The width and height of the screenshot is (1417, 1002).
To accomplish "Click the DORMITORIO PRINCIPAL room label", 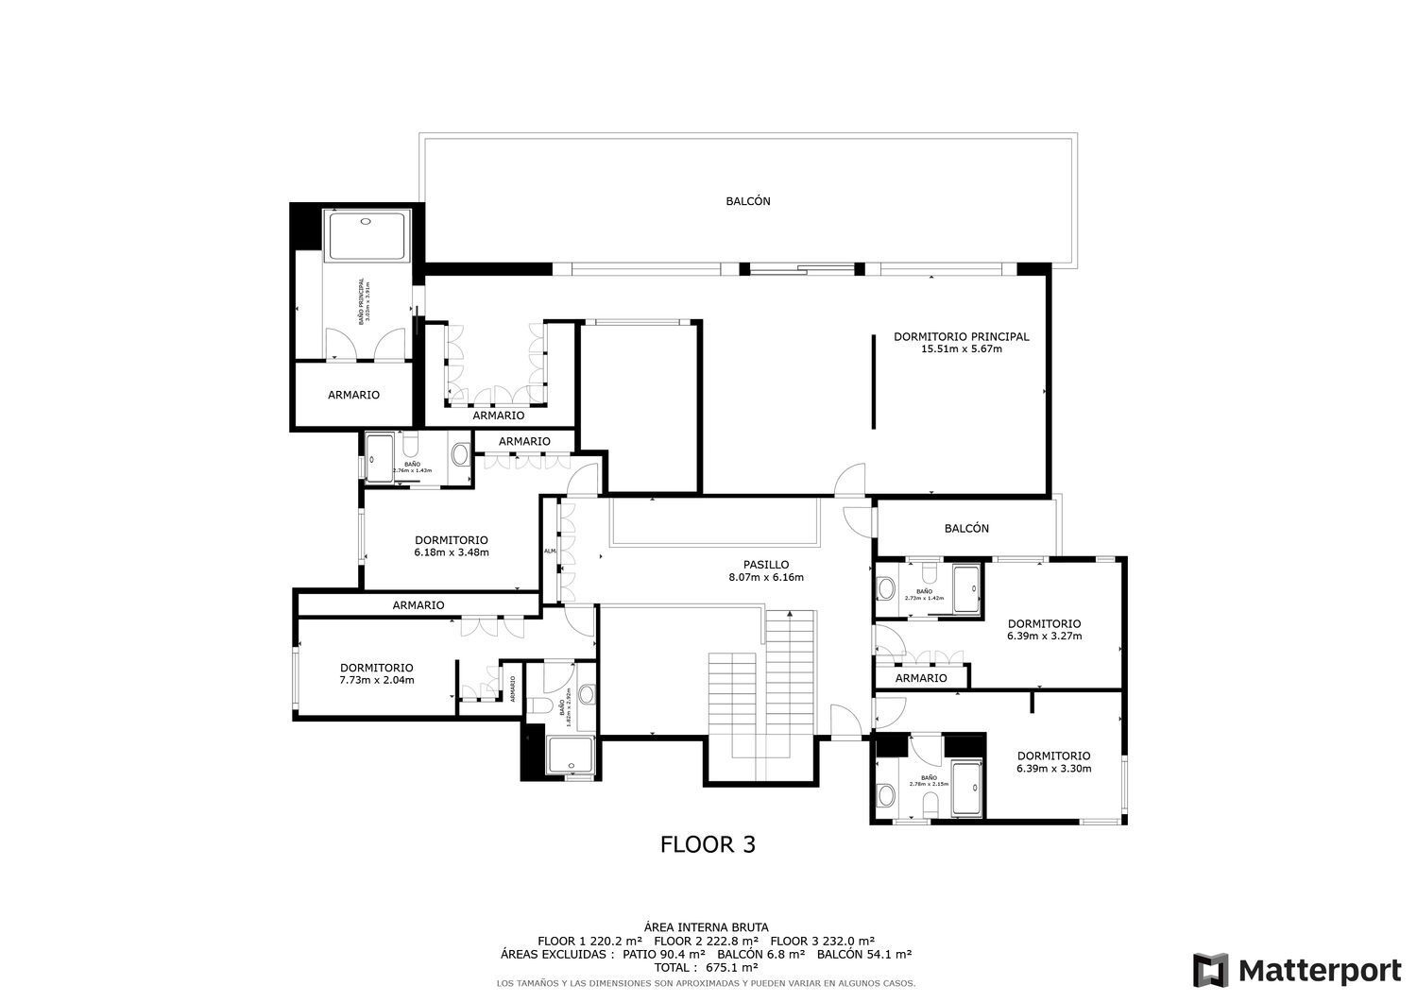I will coord(961,336).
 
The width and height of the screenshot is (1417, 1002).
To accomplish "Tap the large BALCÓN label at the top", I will coord(747,201).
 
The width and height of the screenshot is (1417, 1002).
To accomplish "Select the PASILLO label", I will coord(765,565).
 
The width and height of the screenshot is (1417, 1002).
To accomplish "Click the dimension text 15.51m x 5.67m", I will coord(961,349).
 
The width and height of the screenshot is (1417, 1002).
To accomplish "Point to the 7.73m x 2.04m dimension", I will coord(376,680).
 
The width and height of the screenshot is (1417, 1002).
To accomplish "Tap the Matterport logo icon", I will coord(1211,971).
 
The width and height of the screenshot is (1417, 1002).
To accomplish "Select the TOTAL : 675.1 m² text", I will coord(708,968).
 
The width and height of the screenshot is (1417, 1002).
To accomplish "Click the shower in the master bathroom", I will coord(366,236).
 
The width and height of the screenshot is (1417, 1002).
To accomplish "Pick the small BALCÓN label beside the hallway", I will coord(966,529).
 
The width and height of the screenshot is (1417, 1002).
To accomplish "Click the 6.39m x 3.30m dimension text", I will coord(1053,769).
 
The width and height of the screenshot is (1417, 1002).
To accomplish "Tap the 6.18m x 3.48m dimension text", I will coord(451,553).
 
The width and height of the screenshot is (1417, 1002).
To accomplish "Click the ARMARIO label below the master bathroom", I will coord(353,395).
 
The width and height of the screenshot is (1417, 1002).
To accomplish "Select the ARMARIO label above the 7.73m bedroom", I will coord(418,605).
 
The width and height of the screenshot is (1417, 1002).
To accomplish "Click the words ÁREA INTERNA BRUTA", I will coord(706,927).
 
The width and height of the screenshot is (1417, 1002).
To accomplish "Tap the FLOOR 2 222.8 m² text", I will coord(706,942).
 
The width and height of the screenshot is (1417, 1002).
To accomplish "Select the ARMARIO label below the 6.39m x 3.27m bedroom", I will coord(920,678).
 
